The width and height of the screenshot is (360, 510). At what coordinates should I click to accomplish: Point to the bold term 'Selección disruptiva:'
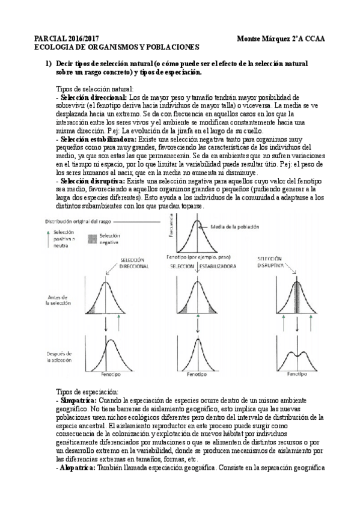tap(92, 181)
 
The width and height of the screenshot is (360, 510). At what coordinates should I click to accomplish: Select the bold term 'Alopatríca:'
tap(78, 467)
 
